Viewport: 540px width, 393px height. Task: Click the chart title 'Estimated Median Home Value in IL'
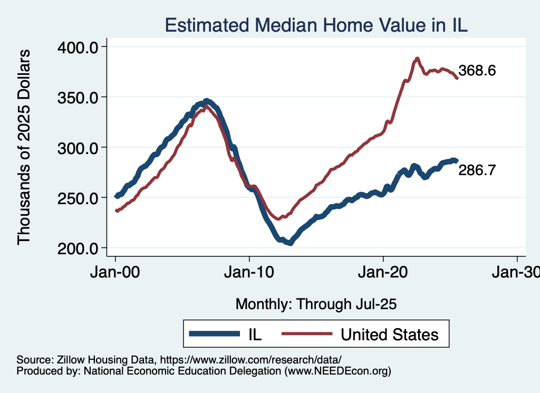coord(316,25)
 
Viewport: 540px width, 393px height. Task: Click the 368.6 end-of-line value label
coord(477,71)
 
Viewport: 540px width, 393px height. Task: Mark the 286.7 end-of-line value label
coord(477,170)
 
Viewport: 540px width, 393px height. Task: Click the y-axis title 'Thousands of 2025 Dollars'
coord(24,147)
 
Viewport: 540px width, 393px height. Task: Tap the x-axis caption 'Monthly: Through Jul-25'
coord(316,304)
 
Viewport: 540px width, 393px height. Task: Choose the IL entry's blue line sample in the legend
coord(214,333)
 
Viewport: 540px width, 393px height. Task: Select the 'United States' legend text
coord(389,334)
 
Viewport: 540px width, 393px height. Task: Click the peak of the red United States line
coord(417,59)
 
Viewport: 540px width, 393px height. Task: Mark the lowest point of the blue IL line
coord(290,243)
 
